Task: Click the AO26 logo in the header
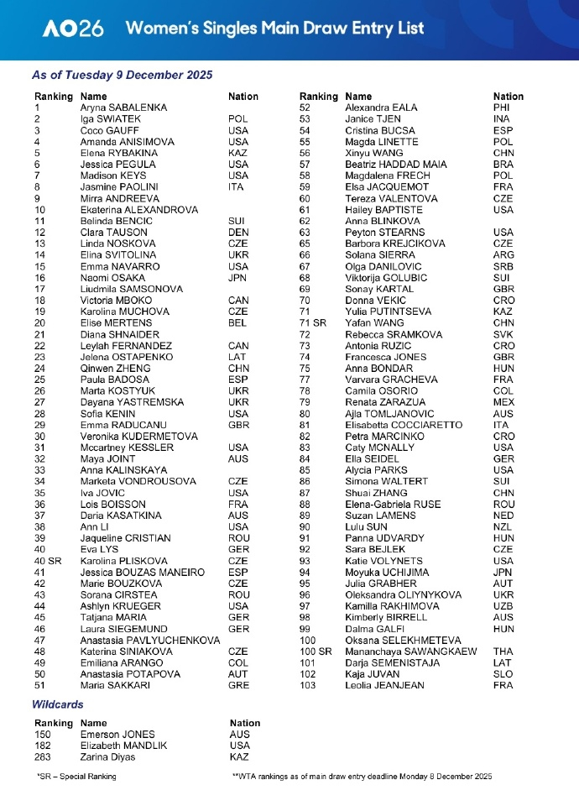tap(74, 29)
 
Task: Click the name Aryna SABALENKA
tap(123, 107)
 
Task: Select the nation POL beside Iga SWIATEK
tap(238, 119)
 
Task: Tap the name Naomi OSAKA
tap(111, 277)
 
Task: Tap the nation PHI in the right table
tap(502, 107)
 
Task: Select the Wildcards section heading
tap(58, 704)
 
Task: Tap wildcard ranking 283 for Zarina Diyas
tap(43, 756)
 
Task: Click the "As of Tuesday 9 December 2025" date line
tap(122, 75)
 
